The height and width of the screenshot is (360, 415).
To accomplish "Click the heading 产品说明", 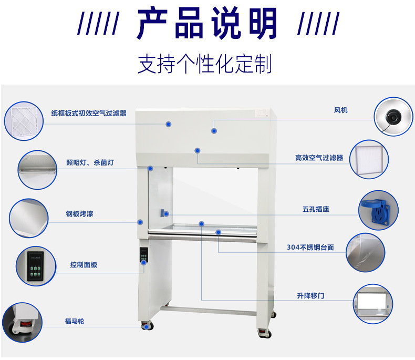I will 207,24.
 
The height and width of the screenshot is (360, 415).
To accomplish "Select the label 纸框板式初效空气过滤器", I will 89,113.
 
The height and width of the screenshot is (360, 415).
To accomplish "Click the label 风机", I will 340,110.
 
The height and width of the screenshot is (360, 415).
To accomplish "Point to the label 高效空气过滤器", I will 319,158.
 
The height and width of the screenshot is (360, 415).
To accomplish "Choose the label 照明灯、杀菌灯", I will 89,163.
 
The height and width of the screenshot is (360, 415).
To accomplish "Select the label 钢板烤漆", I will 79,214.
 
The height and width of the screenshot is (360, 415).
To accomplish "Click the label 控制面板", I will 84,265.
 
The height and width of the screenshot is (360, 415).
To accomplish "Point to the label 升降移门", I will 310,296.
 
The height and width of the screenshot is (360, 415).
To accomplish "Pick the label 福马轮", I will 74,321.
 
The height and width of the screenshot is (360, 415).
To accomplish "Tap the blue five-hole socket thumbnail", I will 378,210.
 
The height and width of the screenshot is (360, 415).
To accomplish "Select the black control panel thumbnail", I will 36,265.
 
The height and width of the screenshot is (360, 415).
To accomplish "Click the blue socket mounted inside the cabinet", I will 164,213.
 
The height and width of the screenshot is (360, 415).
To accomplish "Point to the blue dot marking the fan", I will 214,130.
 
